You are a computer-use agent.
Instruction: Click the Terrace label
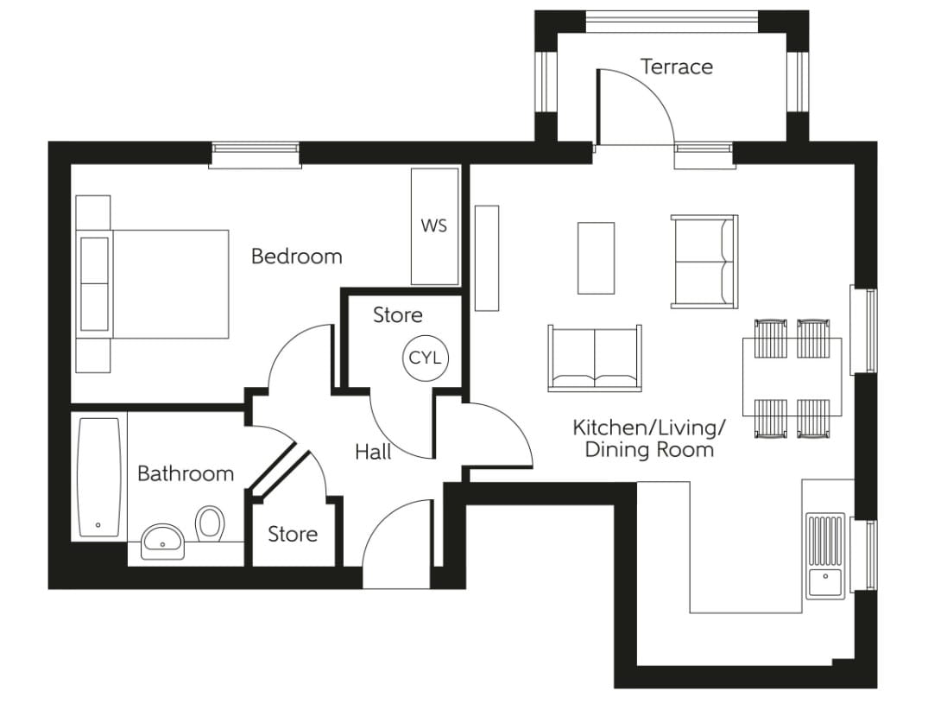676,67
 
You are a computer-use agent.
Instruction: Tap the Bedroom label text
296,257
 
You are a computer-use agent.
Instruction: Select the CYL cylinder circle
425,358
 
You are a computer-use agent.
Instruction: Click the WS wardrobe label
433,226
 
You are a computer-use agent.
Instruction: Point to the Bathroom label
186,473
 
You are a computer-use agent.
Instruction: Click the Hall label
373,452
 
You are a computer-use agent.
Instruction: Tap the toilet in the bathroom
210,523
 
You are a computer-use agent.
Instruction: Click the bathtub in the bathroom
98,478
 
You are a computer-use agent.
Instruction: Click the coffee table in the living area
596,257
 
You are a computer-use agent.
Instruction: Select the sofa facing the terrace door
595,357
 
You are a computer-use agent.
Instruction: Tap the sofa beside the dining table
704,261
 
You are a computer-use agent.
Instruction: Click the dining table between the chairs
792,377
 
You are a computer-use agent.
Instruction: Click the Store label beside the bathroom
293,534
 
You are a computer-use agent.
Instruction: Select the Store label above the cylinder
398,315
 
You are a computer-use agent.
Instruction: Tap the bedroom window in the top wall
256,155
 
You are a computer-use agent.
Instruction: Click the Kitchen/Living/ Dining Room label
649,438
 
